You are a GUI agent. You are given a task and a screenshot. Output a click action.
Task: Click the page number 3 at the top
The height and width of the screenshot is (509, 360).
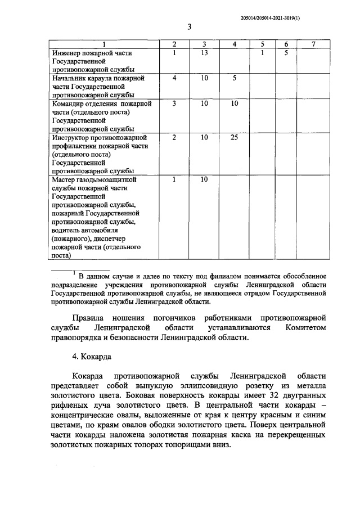click(190, 26)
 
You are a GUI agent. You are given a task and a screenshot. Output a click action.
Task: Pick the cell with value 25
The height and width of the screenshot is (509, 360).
click(235, 137)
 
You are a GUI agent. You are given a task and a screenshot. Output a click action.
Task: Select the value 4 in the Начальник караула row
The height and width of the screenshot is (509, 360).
click(174, 78)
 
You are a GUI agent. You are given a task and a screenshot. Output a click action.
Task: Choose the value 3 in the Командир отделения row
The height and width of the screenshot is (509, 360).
click(174, 103)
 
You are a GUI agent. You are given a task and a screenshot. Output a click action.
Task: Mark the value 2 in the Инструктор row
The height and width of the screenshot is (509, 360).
click(174, 137)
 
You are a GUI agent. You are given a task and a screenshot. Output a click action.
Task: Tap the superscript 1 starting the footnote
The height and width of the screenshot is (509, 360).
click(74, 273)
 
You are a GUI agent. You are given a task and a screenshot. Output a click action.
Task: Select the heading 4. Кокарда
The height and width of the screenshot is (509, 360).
click(92, 356)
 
